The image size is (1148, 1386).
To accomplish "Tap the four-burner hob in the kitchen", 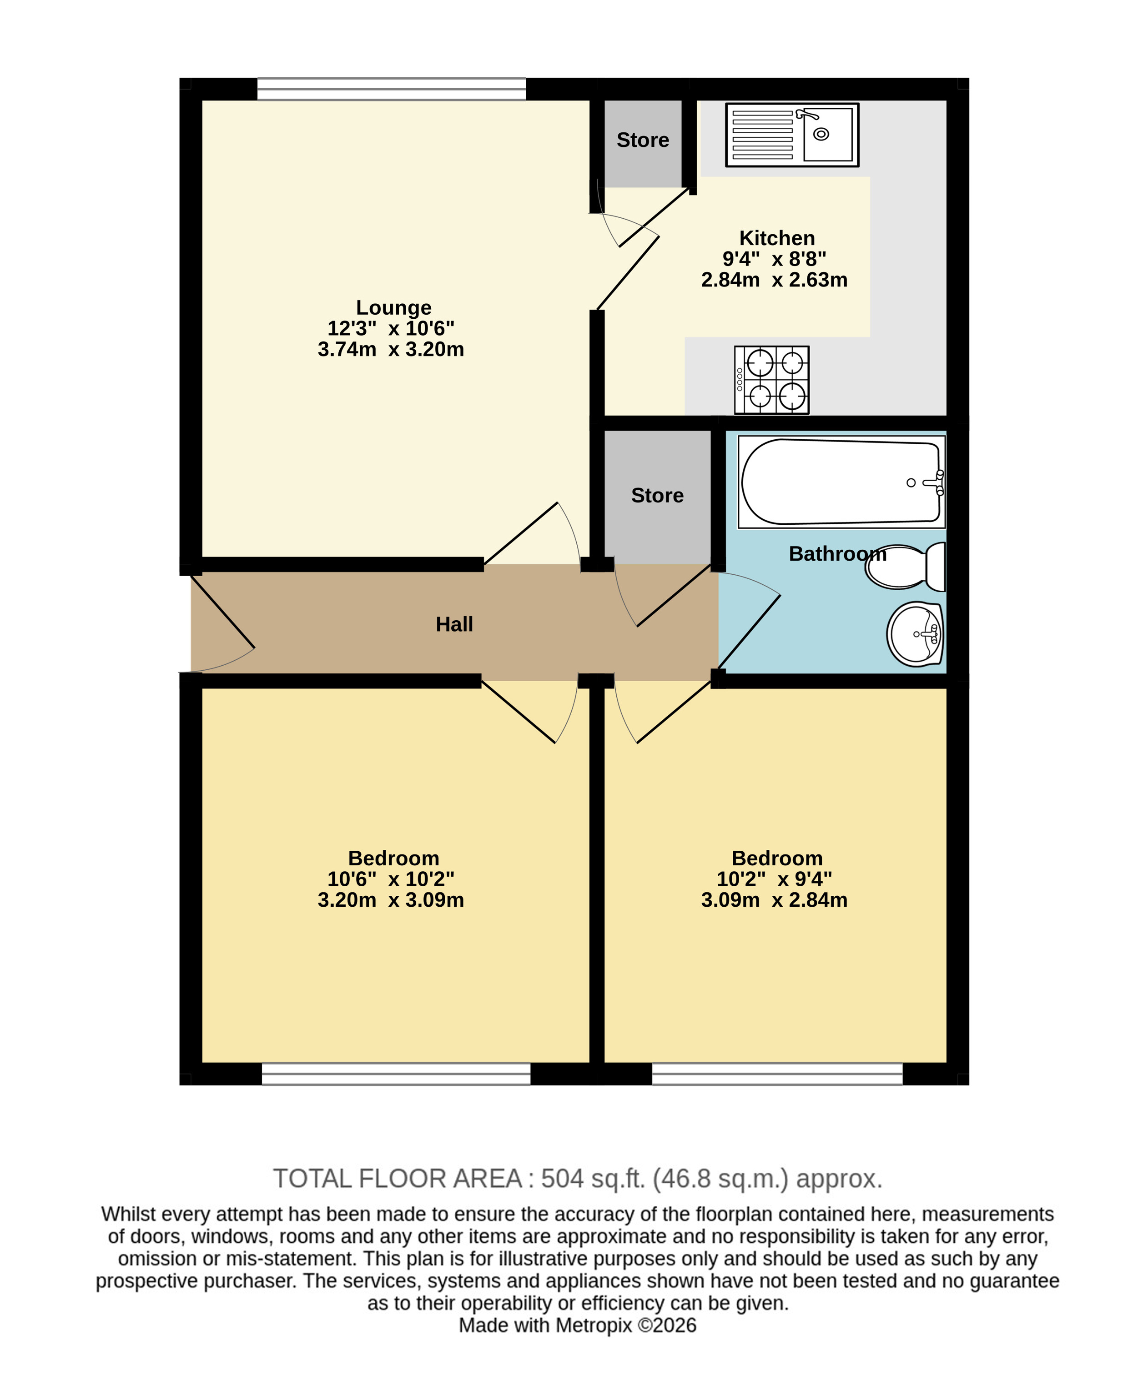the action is pos(772,380).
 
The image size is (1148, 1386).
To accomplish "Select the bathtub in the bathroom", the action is pos(842,482).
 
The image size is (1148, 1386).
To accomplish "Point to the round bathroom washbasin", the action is pos(915,633).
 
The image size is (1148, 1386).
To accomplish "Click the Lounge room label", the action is pos(393,307).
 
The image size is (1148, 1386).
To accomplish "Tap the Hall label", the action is pos(454,624).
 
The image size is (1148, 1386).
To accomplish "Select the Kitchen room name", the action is pos(777,238).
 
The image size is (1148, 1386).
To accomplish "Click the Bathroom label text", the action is pos(837,554).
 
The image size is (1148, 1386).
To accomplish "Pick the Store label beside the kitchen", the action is pos(642,140).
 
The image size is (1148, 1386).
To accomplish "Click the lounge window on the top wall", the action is pos(392,89).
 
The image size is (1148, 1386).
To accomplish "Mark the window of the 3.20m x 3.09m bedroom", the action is pos(396,1074).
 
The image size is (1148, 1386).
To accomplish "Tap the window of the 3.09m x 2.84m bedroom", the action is pos(777,1074).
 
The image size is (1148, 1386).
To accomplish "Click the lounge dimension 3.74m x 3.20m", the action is pos(391,349).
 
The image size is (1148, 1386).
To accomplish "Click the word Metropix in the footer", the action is pos(594,1325).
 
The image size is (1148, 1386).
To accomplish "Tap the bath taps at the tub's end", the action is pos(936,483).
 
